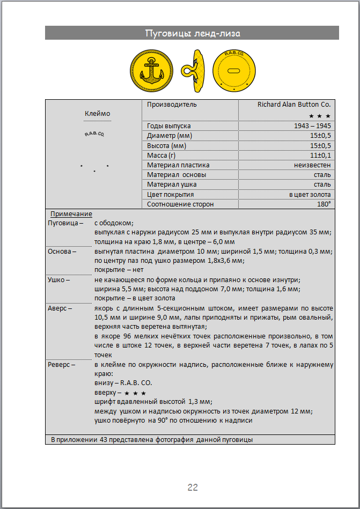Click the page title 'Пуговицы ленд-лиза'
pos(192,34)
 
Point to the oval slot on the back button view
pos(234,71)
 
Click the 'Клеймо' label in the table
pos(97,113)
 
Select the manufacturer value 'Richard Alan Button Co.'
pos(294,105)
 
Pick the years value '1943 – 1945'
pos(312,126)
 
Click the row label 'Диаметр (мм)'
pos(170,136)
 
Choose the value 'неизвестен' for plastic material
pos(312,165)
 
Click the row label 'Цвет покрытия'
pos(171,194)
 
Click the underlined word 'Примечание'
pos(71,214)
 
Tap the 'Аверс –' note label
pos(60,308)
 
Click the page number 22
pos(193,487)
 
